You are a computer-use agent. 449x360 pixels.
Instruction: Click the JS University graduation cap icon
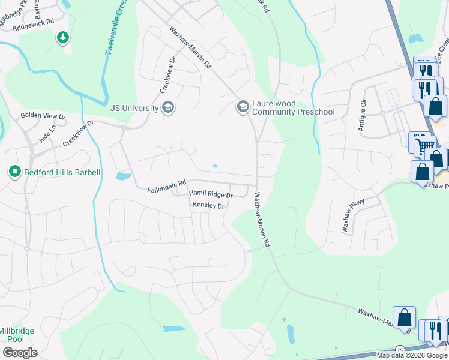click(x=169, y=107)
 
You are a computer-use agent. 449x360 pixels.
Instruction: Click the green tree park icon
click(x=62, y=38)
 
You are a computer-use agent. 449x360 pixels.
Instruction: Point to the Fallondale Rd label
click(x=167, y=190)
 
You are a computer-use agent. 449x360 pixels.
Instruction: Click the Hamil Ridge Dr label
click(x=211, y=194)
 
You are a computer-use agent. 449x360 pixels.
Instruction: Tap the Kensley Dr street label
click(x=208, y=206)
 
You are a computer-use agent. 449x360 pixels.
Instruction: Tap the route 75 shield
click(x=400, y=349)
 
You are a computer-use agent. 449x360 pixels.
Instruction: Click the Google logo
click(x=20, y=353)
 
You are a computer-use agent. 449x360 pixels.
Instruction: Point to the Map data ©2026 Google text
click(x=411, y=355)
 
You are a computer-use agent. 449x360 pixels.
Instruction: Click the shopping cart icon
click(x=424, y=145)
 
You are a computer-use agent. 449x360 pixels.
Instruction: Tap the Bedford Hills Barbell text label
click(x=62, y=172)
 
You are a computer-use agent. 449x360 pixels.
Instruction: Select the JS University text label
click(x=135, y=108)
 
